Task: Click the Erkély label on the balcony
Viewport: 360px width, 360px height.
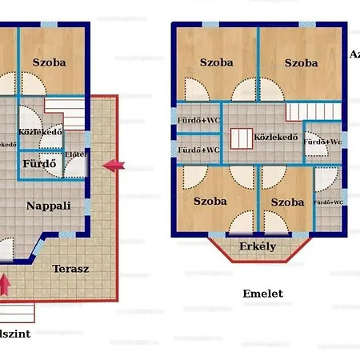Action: coord(258,246)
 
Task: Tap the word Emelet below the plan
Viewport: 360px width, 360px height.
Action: coord(262,294)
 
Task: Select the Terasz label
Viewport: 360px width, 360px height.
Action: coord(70,269)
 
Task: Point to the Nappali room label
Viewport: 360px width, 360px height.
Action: coord(49,206)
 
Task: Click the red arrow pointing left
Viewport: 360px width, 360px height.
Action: coord(114,166)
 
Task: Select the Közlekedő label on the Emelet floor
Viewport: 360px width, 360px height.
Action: coord(276,137)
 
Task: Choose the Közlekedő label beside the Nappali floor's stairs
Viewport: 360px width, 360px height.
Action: coord(40,133)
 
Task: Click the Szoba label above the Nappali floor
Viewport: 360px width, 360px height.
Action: coord(49,62)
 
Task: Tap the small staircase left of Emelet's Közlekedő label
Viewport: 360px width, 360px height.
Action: coord(240,138)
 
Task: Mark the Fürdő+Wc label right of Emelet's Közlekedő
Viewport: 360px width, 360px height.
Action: coord(323,142)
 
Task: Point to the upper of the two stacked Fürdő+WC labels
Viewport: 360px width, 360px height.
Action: coord(198,121)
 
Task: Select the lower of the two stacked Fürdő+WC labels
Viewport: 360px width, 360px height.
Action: coord(198,150)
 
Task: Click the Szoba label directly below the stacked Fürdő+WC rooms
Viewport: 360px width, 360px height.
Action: coord(210,202)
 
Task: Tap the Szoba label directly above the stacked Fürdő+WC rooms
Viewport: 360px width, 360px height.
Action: coord(217,62)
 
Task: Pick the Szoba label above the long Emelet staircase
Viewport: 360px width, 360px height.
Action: coord(300,62)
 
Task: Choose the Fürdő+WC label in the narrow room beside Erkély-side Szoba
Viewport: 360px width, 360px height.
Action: coord(328,203)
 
